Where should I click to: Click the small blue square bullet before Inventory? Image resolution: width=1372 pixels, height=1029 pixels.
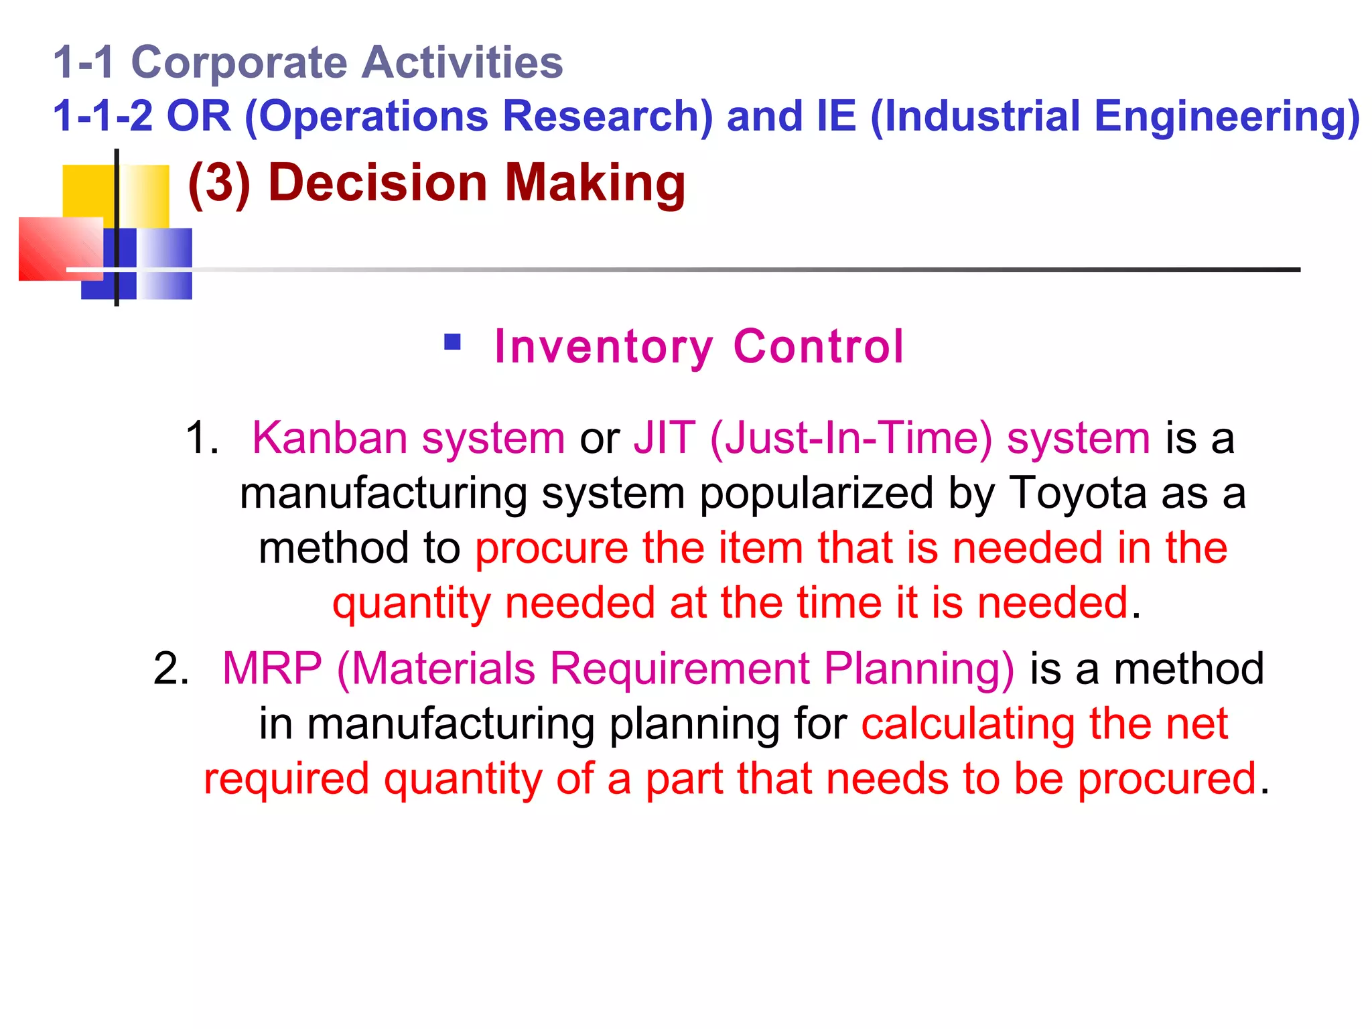click(453, 342)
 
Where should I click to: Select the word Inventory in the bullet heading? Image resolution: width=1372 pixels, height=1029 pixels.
click(604, 347)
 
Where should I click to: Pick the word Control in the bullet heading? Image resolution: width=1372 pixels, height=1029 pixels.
click(818, 347)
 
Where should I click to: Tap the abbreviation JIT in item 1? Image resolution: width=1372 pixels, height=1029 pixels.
click(664, 438)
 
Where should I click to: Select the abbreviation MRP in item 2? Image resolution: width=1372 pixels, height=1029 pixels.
click(272, 669)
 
